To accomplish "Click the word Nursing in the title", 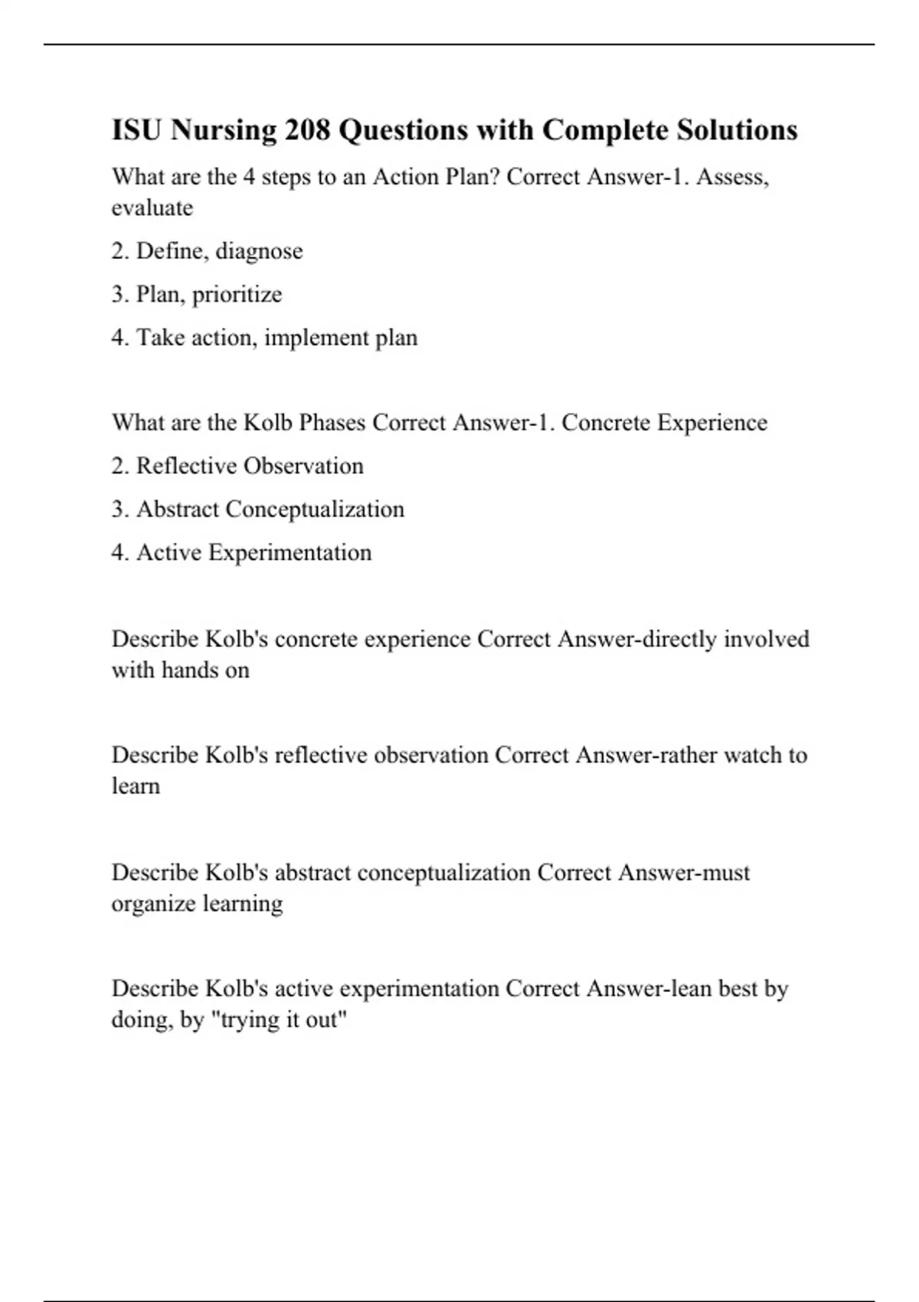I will point(223,130).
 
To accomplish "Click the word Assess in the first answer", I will point(731,177).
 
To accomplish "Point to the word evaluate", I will point(152,208).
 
